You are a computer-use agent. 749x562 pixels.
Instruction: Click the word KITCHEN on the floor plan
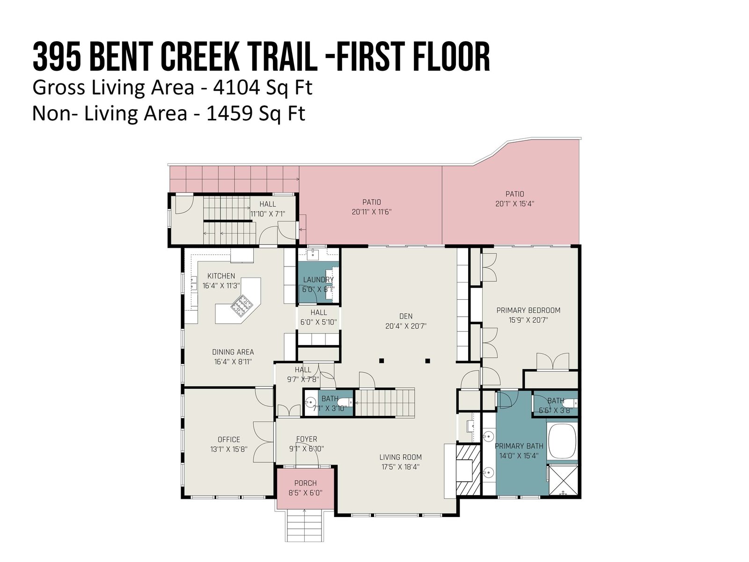(x=221, y=276)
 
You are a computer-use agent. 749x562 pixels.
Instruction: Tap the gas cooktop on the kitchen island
(x=241, y=304)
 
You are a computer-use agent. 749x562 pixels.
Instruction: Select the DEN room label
(x=406, y=316)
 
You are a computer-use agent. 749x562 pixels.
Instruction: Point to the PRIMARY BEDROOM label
(x=528, y=310)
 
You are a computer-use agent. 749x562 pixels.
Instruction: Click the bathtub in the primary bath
(x=562, y=441)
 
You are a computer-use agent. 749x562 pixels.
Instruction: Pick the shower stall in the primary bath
(x=563, y=480)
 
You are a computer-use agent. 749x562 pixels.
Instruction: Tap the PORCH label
(x=305, y=483)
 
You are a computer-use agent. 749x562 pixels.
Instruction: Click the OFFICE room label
(x=228, y=439)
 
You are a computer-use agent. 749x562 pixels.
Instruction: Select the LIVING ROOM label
(x=401, y=457)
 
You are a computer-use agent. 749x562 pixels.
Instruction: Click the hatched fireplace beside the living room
(x=468, y=470)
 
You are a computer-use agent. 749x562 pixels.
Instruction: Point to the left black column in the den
(x=382, y=361)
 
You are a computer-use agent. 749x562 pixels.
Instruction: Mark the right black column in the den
(x=427, y=361)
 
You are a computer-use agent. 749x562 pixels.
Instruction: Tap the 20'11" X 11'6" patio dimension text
(x=372, y=212)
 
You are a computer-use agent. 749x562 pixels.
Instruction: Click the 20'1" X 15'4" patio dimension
(x=514, y=204)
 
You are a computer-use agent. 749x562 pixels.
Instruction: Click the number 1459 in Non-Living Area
(x=230, y=114)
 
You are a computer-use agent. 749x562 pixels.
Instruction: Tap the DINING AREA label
(x=233, y=352)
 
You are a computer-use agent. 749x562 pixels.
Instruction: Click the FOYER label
(x=307, y=439)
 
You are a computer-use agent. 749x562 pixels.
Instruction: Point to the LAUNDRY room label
(x=318, y=280)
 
